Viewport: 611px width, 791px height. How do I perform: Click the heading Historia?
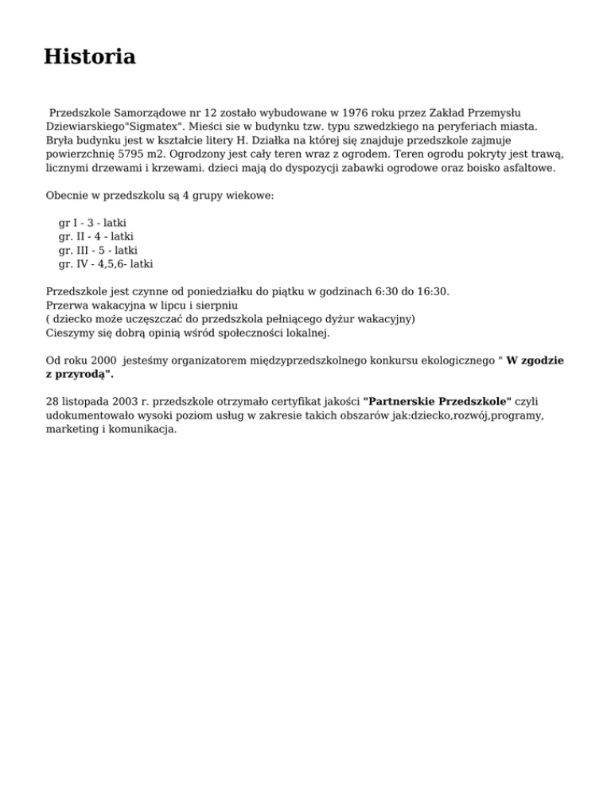[89, 57]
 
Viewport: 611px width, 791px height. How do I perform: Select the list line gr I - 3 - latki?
[92, 223]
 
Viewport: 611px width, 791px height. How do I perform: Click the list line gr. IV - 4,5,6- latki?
[106, 263]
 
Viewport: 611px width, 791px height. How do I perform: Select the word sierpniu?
[216, 305]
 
